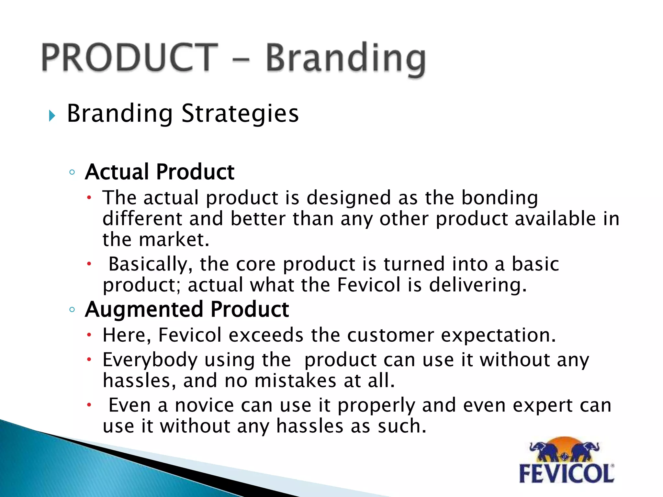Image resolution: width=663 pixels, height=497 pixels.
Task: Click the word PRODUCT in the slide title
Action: point(129,58)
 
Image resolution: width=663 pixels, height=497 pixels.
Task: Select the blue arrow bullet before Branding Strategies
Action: point(52,116)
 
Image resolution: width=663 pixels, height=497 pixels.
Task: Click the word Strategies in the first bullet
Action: point(240,114)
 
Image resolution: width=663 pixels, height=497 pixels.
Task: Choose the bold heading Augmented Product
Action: point(187,309)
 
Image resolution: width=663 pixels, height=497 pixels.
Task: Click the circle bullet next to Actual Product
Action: point(72,172)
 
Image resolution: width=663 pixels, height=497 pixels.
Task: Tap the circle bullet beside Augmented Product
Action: point(72,310)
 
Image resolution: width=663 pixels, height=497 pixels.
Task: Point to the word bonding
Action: point(500,198)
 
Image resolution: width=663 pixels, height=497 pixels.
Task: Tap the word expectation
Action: point(498,336)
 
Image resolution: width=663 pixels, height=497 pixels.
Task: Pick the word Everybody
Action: point(150,360)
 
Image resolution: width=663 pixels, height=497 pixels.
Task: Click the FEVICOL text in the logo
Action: point(566,474)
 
